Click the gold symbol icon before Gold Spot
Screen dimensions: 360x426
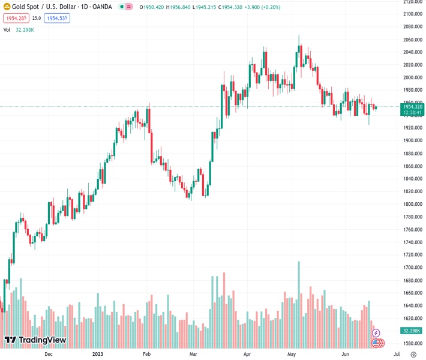click(6, 7)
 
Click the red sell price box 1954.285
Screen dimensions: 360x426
click(15, 18)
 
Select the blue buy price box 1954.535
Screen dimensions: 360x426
click(57, 18)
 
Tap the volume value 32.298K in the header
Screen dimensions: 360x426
click(24, 29)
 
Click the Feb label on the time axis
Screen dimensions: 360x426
click(146, 354)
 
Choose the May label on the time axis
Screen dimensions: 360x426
click(292, 354)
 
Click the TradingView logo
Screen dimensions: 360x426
click(35, 340)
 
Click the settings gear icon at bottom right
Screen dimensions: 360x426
click(413, 354)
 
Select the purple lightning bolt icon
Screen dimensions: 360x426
click(376, 333)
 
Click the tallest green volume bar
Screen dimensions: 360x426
click(298, 300)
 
